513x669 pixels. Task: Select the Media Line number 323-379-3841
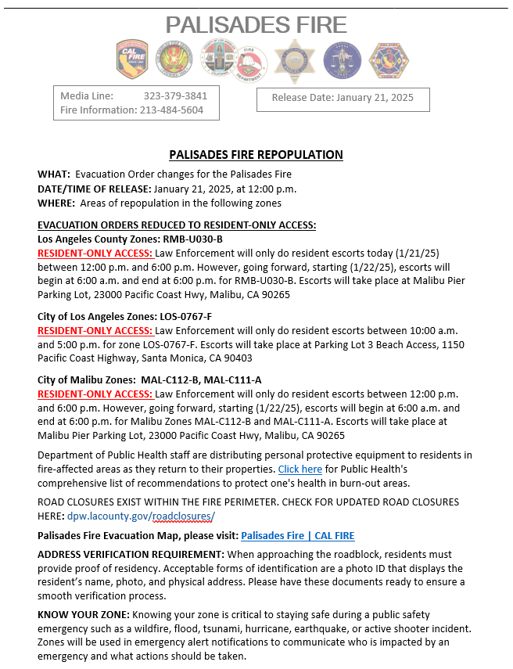pyautogui.click(x=175, y=96)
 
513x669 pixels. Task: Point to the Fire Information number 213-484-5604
pyautogui.click(x=172, y=110)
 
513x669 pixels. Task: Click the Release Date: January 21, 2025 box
pyautogui.click(x=343, y=98)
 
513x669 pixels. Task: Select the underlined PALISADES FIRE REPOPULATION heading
pyautogui.click(x=256, y=155)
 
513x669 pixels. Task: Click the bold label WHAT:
pyautogui.click(x=54, y=174)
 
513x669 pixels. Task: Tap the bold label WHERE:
pyautogui.click(x=57, y=203)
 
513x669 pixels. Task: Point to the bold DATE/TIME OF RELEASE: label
pyautogui.click(x=94, y=189)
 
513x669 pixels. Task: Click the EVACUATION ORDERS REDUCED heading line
pyautogui.click(x=177, y=225)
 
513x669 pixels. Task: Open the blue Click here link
pyautogui.click(x=300, y=469)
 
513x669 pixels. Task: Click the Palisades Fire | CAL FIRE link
pyautogui.click(x=297, y=536)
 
